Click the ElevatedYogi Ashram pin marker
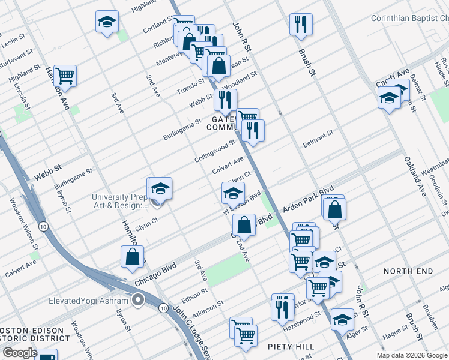139,300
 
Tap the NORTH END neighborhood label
408,271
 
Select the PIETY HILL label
291,347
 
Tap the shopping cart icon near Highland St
65,75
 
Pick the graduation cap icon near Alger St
342,319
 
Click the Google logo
20,352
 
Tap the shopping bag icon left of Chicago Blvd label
132,256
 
